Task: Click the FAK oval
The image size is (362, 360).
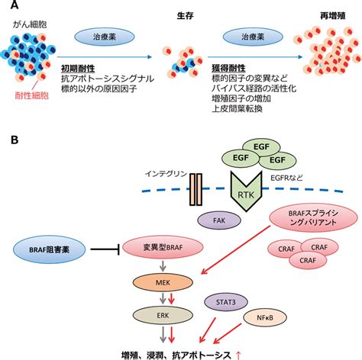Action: (219, 220)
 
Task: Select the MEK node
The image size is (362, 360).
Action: (163, 282)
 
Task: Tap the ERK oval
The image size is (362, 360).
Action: (163, 316)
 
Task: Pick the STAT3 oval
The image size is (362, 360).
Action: (226, 302)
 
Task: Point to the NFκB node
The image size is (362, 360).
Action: (265, 317)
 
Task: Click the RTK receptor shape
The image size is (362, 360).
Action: (246, 191)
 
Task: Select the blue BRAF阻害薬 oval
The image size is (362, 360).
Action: (50, 249)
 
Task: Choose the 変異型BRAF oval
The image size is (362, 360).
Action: (163, 247)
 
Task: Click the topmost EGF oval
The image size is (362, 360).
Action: (261, 147)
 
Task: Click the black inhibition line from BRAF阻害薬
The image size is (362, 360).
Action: (105, 249)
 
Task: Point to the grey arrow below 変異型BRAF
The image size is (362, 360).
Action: (163, 266)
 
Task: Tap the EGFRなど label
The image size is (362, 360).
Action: (286, 178)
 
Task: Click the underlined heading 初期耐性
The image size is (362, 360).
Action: (78, 69)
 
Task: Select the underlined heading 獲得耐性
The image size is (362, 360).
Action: (228, 68)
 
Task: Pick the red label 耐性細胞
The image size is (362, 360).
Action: (32, 96)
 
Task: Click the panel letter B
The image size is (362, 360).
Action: (15, 140)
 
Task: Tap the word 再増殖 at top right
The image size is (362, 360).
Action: (333, 16)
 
